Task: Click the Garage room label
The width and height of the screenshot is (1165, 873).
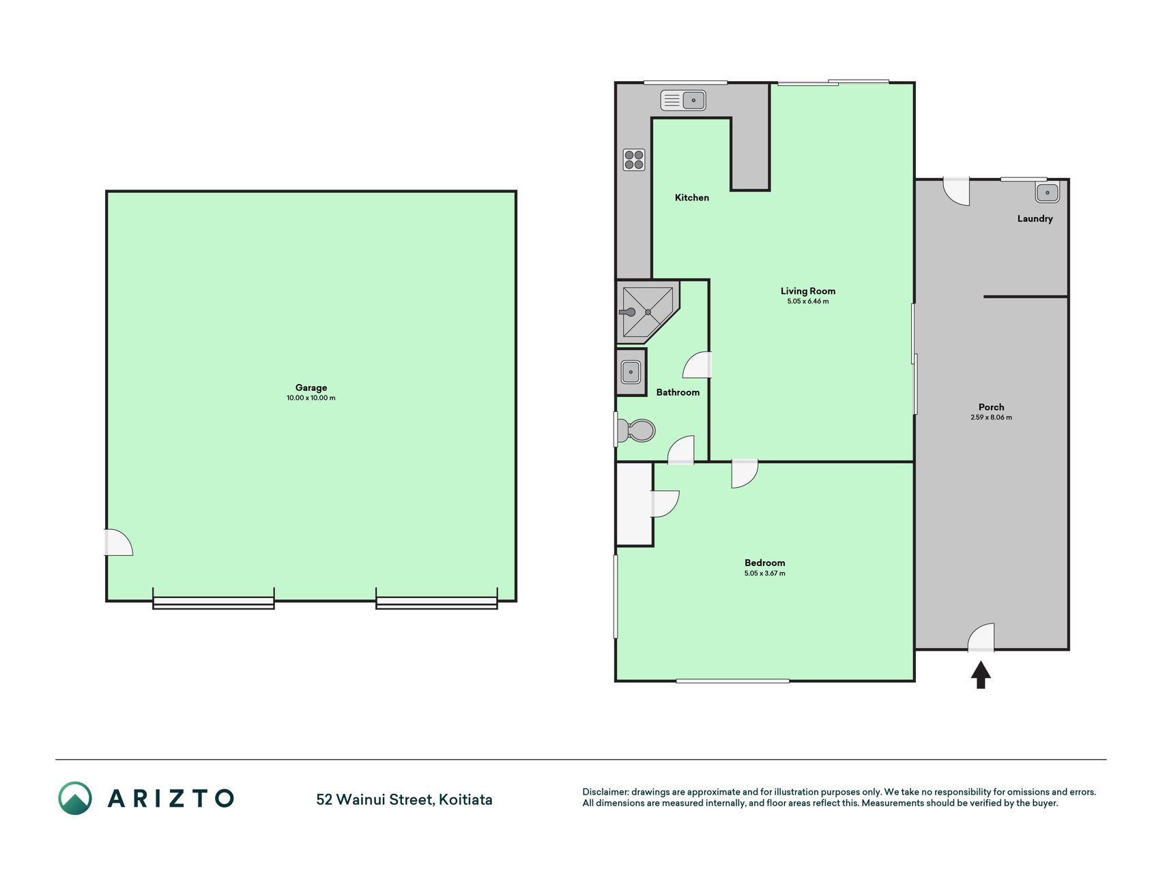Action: (x=311, y=387)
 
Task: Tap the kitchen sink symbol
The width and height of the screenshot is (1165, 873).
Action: (x=683, y=100)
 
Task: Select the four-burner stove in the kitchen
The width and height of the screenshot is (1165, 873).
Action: (x=634, y=160)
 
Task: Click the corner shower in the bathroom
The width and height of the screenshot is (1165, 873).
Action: (x=648, y=311)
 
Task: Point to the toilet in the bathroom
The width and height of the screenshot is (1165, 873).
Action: (x=635, y=430)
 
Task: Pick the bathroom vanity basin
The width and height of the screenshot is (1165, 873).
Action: (x=631, y=372)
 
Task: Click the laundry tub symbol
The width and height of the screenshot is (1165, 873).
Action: (x=1047, y=192)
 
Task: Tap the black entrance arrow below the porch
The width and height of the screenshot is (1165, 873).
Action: (x=981, y=675)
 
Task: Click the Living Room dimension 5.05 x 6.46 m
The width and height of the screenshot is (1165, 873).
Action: (x=808, y=301)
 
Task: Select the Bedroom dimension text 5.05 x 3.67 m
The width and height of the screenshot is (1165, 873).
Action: (x=764, y=574)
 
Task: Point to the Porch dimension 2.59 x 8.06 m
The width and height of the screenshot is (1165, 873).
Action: (x=991, y=417)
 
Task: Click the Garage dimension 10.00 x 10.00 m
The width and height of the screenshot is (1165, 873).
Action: (x=311, y=398)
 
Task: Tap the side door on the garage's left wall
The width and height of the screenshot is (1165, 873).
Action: (x=117, y=542)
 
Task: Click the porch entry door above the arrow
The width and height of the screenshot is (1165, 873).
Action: (x=981, y=637)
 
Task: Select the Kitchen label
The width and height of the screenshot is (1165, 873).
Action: (x=692, y=198)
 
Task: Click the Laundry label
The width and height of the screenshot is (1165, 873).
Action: (x=1035, y=219)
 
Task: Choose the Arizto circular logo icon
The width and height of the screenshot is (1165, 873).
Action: (x=75, y=798)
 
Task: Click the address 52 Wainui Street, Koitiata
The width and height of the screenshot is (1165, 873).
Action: (x=404, y=799)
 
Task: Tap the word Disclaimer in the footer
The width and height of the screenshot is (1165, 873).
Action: (x=605, y=792)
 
